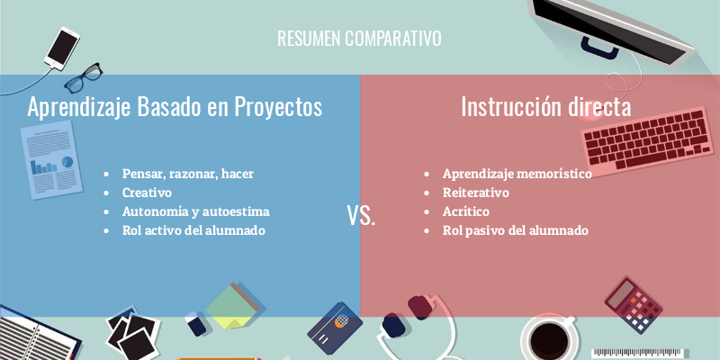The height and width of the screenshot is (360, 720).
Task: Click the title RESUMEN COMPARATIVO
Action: [x=359, y=39]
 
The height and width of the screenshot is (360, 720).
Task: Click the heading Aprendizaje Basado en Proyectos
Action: [x=175, y=107]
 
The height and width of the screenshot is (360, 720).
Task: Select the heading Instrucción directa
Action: [x=545, y=107]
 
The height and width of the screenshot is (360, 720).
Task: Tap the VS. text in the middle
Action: [x=361, y=217]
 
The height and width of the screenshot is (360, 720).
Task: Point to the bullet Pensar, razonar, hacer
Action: [x=187, y=174]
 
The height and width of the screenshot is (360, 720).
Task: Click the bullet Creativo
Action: [x=147, y=193]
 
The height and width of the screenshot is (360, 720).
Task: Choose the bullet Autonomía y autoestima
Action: [x=195, y=211]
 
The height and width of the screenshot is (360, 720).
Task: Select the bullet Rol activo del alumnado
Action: [x=193, y=230]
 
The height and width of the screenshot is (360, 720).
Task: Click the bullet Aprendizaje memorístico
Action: [x=517, y=174]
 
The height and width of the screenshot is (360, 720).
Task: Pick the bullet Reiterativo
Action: [x=475, y=193]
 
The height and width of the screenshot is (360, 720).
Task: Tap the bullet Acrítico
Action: [x=465, y=211]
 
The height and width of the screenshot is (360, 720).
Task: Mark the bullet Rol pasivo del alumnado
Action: [x=515, y=230]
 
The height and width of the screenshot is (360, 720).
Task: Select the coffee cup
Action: [x=548, y=338]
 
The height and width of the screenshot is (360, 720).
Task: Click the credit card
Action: [x=335, y=328]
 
